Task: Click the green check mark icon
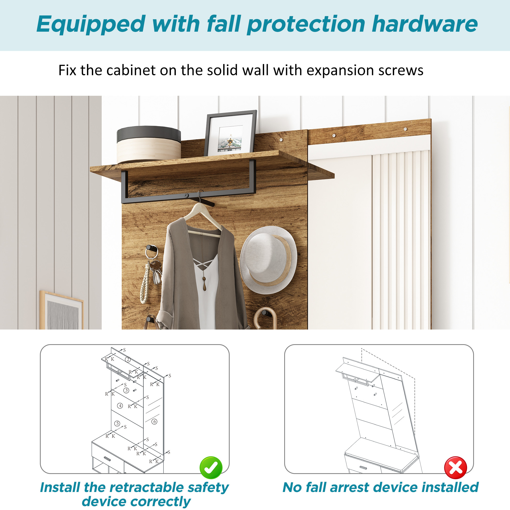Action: [211, 468]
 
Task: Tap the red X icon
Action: [456, 468]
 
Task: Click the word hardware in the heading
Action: [425, 24]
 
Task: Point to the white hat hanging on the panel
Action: [268, 260]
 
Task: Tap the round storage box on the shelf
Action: [149, 145]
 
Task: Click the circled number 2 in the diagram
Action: [128, 359]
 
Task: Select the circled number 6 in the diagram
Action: [155, 422]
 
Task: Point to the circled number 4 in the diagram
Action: [120, 405]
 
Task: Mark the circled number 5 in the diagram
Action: [117, 423]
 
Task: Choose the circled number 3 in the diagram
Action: [126, 390]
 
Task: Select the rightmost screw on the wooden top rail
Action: [405, 129]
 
